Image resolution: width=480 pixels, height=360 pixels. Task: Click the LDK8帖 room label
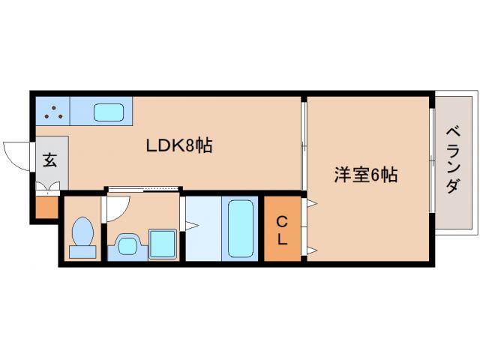click(178, 145)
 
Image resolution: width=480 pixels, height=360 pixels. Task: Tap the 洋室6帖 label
click(365, 175)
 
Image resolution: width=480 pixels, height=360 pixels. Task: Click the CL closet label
click(281, 230)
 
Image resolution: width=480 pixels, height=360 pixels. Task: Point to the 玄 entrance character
click(49, 160)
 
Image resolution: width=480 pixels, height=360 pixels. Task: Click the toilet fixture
click(82, 238)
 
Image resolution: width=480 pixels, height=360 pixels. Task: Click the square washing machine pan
click(162, 244)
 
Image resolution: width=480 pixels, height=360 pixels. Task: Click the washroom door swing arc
click(118, 208)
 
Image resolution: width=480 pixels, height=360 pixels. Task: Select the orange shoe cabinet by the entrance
click(46, 207)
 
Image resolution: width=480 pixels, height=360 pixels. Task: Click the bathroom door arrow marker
click(190, 223)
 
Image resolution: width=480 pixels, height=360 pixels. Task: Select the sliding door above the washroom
click(143, 187)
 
